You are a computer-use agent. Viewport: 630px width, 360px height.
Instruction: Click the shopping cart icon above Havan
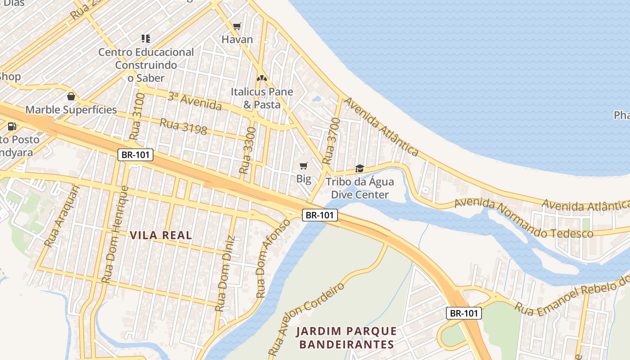pos(237,27)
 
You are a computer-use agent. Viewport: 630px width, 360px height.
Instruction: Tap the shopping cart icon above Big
pos(304,166)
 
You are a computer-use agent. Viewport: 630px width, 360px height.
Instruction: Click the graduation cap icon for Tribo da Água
pos(360,169)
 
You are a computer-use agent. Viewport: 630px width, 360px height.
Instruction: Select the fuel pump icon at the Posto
pos(12,126)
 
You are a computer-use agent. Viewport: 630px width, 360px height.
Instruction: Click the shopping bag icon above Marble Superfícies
pos(71,96)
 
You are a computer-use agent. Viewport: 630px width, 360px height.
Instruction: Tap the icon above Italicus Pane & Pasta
pos(261,78)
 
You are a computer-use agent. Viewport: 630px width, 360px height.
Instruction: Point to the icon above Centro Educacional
pos(146,39)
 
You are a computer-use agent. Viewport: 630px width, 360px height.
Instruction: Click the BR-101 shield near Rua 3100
pos(136,155)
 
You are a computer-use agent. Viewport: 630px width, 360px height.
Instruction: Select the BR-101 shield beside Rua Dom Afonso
pos(319,215)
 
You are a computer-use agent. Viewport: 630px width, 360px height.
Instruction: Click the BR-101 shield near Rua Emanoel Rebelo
pos(464,313)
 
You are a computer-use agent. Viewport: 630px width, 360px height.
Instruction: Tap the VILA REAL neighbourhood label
pos(161,235)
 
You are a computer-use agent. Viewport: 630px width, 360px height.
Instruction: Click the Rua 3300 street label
pos(247,151)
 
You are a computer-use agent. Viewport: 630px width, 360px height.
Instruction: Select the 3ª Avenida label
pos(194,101)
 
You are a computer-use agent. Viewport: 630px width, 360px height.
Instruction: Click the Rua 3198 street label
pos(184,126)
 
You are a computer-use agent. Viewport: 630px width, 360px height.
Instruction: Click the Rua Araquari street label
pos(62,216)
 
